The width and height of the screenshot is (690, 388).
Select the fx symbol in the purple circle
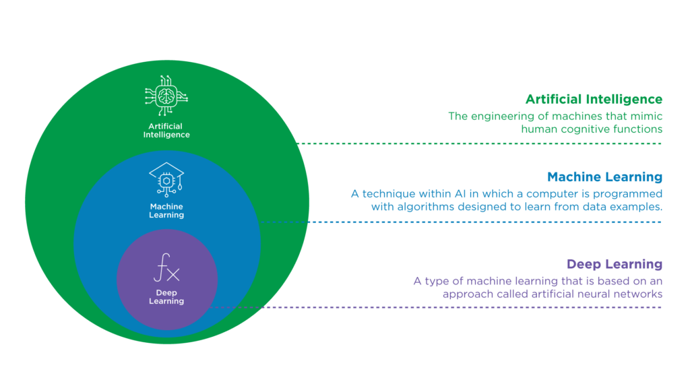click(x=166, y=271)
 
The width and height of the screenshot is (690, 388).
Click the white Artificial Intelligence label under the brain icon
click(x=166, y=131)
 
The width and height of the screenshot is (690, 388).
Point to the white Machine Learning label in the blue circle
click(x=166, y=210)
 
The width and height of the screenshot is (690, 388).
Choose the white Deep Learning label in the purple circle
click(x=166, y=297)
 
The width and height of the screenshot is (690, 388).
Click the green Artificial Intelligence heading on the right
click(x=594, y=100)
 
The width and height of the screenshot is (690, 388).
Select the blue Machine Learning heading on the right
click(x=604, y=177)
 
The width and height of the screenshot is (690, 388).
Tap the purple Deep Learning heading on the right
click(x=615, y=263)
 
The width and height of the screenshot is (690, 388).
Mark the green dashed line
click(x=482, y=143)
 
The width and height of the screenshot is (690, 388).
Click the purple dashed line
click(x=438, y=308)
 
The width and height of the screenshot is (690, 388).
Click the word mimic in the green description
click(x=647, y=116)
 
